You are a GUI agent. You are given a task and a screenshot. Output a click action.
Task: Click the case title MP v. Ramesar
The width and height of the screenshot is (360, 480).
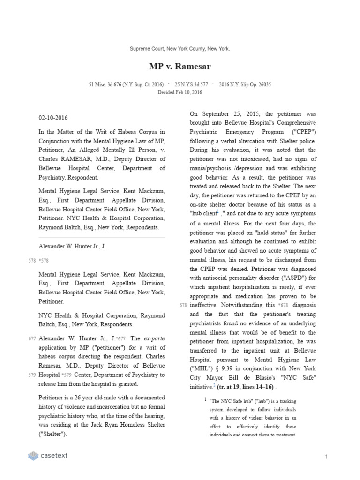(180, 67)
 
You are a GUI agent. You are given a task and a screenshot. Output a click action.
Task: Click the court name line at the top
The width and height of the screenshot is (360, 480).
(180, 49)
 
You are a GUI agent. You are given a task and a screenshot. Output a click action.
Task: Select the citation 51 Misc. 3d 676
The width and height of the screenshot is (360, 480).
(126, 85)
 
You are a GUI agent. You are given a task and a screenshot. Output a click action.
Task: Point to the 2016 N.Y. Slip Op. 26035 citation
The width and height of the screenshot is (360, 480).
(245, 85)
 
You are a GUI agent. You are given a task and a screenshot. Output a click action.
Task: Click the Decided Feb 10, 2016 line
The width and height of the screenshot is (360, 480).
(180, 92)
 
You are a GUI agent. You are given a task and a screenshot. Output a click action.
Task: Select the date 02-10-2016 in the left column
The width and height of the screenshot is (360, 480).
(53, 118)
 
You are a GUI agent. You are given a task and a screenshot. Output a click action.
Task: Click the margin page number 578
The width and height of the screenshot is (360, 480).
(31, 260)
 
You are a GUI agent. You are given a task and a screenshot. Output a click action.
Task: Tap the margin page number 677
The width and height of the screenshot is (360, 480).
(31, 338)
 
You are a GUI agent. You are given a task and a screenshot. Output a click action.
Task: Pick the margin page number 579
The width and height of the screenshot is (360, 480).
(31, 375)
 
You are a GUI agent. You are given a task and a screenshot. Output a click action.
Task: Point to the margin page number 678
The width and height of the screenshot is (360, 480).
(183, 306)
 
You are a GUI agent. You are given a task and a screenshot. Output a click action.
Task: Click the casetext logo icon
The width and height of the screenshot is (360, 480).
(33, 456)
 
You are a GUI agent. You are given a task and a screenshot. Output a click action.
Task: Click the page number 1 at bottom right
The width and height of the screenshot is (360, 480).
(325, 456)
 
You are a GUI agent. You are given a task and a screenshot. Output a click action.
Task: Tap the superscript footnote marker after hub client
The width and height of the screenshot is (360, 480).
(218, 211)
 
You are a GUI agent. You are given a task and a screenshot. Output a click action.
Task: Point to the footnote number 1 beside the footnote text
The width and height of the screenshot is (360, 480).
(205, 399)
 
